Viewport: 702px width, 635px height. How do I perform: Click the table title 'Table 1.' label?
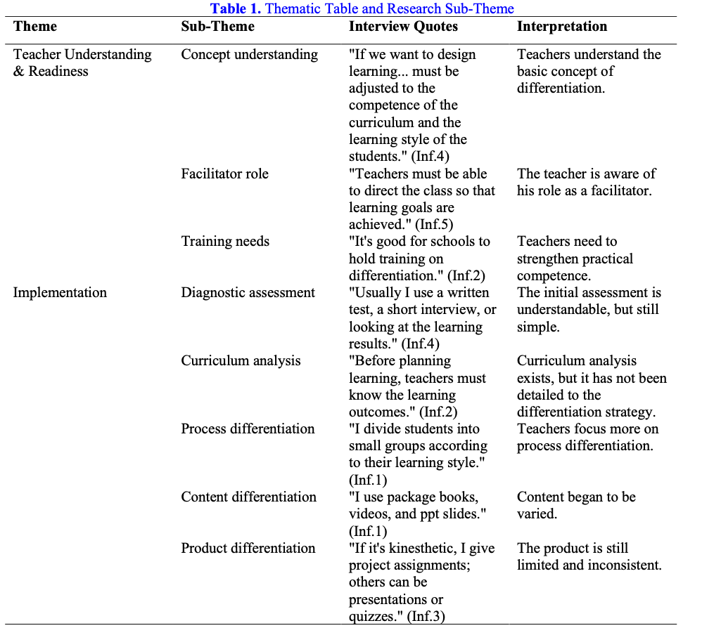tap(235, 9)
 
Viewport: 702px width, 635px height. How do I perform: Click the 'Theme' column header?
tap(35, 27)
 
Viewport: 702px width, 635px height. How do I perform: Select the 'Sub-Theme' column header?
tap(218, 27)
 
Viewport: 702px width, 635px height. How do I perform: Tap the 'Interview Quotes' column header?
tap(403, 27)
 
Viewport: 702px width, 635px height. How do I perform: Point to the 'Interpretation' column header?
tap(562, 27)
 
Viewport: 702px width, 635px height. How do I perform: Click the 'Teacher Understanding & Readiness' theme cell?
tap(82, 63)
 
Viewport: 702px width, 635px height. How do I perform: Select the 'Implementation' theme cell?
tap(60, 293)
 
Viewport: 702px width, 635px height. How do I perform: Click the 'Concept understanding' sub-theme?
tap(250, 55)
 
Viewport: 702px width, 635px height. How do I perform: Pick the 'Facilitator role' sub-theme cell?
tap(225, 174)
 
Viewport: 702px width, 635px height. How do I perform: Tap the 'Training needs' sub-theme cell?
tap(225, 242)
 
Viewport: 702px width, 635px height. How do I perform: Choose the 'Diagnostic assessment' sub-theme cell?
tap(248, 293)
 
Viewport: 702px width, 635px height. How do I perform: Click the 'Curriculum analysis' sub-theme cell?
tap(241, 361)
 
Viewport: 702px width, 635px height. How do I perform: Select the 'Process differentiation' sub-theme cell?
tap(248, 429)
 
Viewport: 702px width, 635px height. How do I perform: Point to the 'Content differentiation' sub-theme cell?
tap(249, 497)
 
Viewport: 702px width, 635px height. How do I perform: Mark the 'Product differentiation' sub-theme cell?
tap(248, 549)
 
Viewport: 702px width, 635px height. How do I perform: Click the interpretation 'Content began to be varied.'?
tap(576, 505)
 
